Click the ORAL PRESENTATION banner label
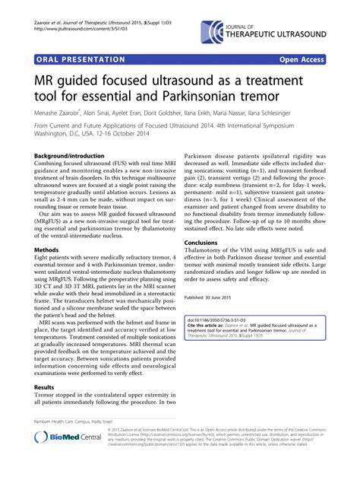80,59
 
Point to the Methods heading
46,249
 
